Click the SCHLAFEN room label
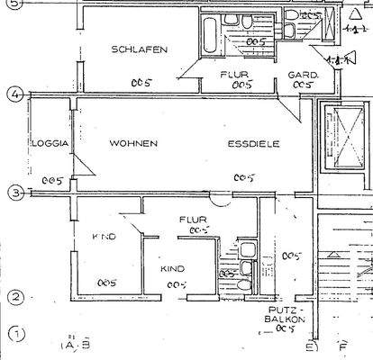pyautogui.click(x=138, y=50)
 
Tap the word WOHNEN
pyautogui.click(x=133, y=144)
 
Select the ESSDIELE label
pyautogui.click(x=253, y=144)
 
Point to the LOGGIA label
pyautogui.click(x=50, y=144)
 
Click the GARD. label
pyautogui.click(x=299, y=74)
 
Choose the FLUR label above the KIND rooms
pyautogui.click(x=193, y=219)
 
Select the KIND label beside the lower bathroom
pyautogui.click(x=172, y=269)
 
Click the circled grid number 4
pyautogui.click(x=14, y=94)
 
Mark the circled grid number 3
pyautogui.click(x=14, y=192)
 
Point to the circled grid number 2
pyautogui.click(x=14, y=298)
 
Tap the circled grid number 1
pyautogui.click(x=14, y=336)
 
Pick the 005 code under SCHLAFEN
pyautogui.click(x=141, y=83)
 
